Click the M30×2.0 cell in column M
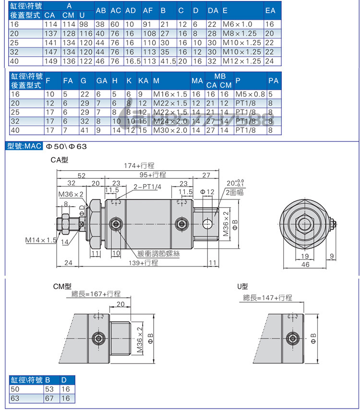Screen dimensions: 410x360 click(x=170, y=129)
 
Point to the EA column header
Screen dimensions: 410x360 click(x=270, y=11)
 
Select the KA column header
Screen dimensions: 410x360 click(x=143, y=81)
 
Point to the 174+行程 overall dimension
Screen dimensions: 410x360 click(x=140, y=166)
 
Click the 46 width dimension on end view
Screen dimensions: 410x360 click(x=305, y=264)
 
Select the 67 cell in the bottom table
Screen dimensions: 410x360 click(x=50, y=398)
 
